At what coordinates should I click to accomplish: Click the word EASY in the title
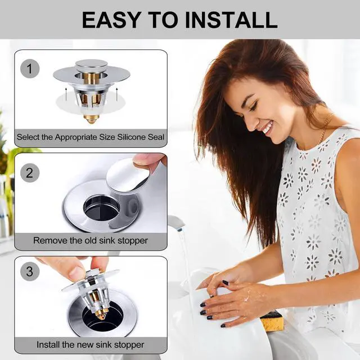tap(111, 20)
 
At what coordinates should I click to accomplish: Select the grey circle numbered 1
tap(30, 69)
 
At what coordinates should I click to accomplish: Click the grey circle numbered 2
tap(30, 173)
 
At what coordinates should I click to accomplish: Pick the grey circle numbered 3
tap(30, 272)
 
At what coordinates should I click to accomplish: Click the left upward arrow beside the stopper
tap(66, 94)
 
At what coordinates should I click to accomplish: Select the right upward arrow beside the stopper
tap(116, 94)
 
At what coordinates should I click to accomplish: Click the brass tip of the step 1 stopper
tap(91, 119)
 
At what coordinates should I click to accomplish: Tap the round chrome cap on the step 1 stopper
tap(91, 65)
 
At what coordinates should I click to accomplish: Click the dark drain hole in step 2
tap(101, 208)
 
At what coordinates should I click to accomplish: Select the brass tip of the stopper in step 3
tap(102, 312)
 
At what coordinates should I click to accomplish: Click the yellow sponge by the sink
tap(272, 321)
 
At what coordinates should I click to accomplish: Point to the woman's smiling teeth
tap(268, 128)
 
